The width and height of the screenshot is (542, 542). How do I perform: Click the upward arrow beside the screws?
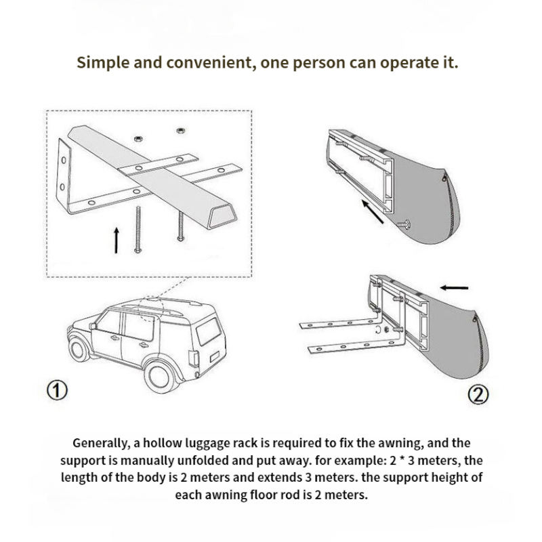pos(117,239)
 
